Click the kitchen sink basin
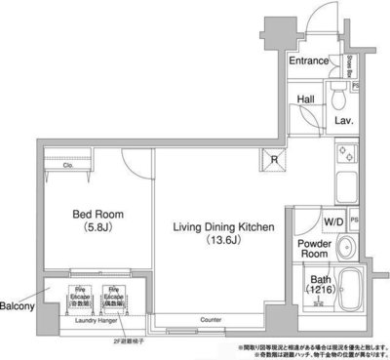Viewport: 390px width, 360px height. pyautogui.click(x=344, y=186)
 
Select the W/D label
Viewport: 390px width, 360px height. pyautogui.click(x=333, y=220)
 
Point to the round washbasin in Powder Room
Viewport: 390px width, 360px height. pyautogui.click(x=346, y=247)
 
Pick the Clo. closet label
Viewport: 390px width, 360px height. pyautogui.click(x=68, y=166)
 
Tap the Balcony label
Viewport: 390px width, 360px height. pyautogui.click(x=18, y=305)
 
